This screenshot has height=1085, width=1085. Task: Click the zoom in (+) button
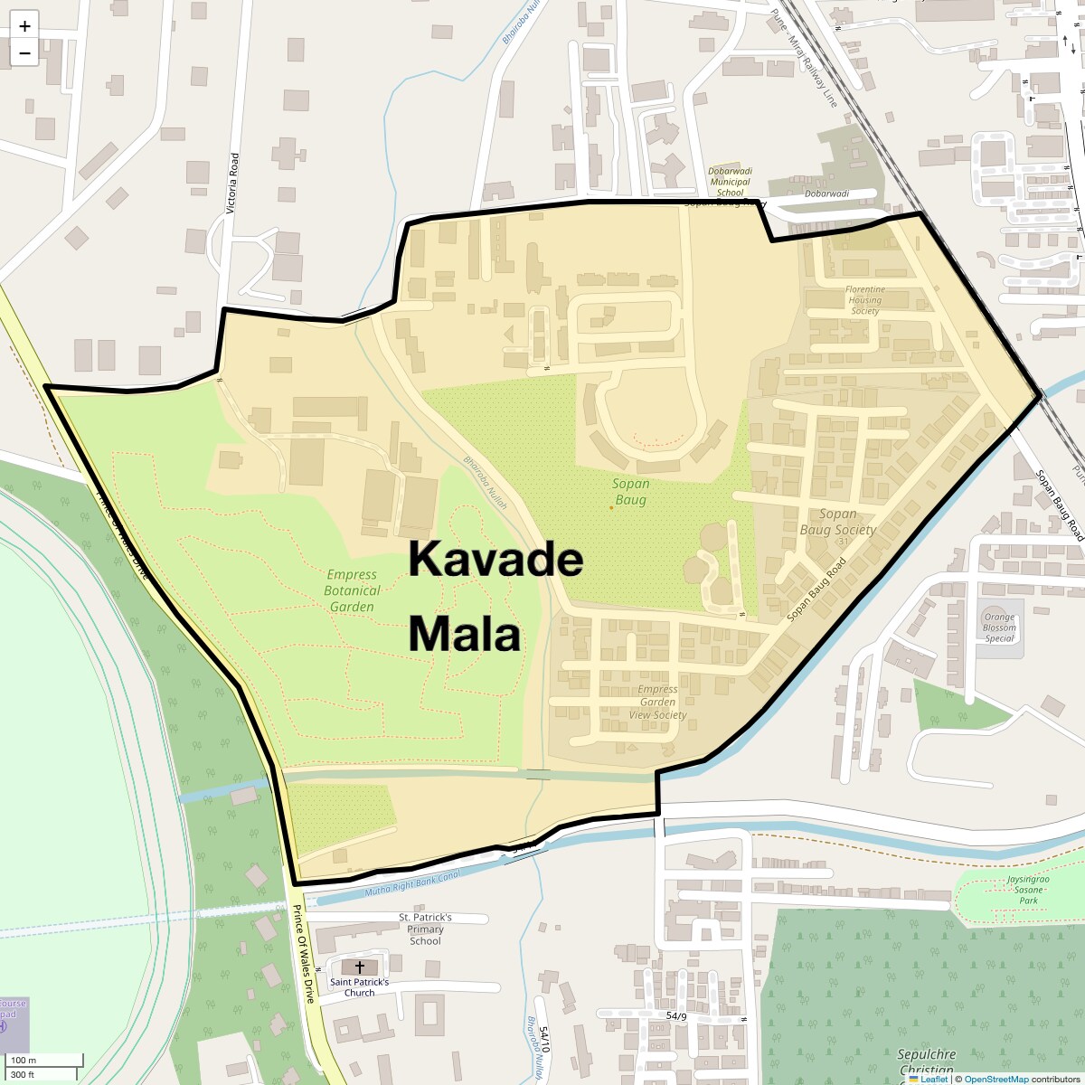[x=24, y=26]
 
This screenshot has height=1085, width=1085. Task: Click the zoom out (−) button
[x=24, y=52]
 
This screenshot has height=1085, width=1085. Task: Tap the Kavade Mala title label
[x=495, y=597]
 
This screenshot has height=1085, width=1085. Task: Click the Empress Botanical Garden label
[x=352, y=590]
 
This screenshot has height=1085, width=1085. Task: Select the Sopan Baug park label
[x=631, y=492]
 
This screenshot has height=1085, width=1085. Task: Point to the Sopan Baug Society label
[x=837, y=522]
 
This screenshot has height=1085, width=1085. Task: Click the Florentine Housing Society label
[x=865, y=300]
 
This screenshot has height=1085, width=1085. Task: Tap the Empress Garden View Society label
[x=657, y=702]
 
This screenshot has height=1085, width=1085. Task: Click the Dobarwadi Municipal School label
[x=730, y=181]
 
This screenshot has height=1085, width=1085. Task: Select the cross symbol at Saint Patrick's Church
[x=360, y=967]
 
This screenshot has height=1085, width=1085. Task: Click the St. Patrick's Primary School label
[x=425, y=929]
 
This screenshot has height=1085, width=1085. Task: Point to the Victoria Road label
[x=232, y=184]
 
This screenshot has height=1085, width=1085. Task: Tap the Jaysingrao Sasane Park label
[x=1028, y=890]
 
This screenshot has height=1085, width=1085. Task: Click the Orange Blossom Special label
[x=999, y=627]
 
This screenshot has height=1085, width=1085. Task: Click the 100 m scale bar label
[x=24, y=1060]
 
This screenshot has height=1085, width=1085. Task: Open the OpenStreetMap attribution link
[x=996, y=1080]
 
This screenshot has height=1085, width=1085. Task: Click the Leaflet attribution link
[x=934, y=1080]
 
